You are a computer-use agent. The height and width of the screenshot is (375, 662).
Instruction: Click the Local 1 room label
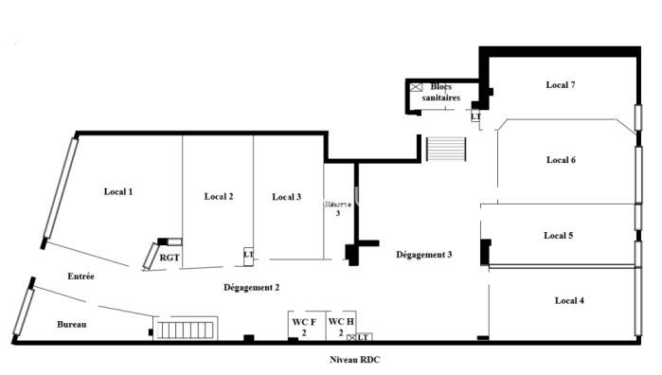117,192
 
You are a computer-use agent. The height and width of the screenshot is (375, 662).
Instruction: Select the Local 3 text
286,197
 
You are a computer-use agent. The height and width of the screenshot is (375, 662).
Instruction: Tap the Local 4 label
568,300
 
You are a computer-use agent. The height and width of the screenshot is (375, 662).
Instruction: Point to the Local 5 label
558,235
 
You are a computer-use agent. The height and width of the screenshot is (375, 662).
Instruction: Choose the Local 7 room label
561,85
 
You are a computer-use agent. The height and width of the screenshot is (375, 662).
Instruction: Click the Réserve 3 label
338,208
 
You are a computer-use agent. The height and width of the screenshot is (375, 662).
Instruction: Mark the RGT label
170,257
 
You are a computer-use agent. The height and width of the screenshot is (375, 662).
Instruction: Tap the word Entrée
81,277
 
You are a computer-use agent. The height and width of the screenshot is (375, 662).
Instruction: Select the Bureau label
71,325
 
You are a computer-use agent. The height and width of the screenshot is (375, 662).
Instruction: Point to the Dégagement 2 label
251,287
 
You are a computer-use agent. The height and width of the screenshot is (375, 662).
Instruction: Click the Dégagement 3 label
423,255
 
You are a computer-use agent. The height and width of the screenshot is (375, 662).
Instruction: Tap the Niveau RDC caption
354,360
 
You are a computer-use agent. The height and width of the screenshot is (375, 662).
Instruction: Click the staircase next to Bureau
188,329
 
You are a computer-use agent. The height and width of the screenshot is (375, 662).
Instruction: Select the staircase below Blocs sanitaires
446,150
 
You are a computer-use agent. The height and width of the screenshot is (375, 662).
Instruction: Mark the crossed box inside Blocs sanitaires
415,87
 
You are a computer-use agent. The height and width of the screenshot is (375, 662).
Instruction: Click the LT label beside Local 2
248,254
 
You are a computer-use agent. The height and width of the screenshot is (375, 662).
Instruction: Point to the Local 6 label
561,160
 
